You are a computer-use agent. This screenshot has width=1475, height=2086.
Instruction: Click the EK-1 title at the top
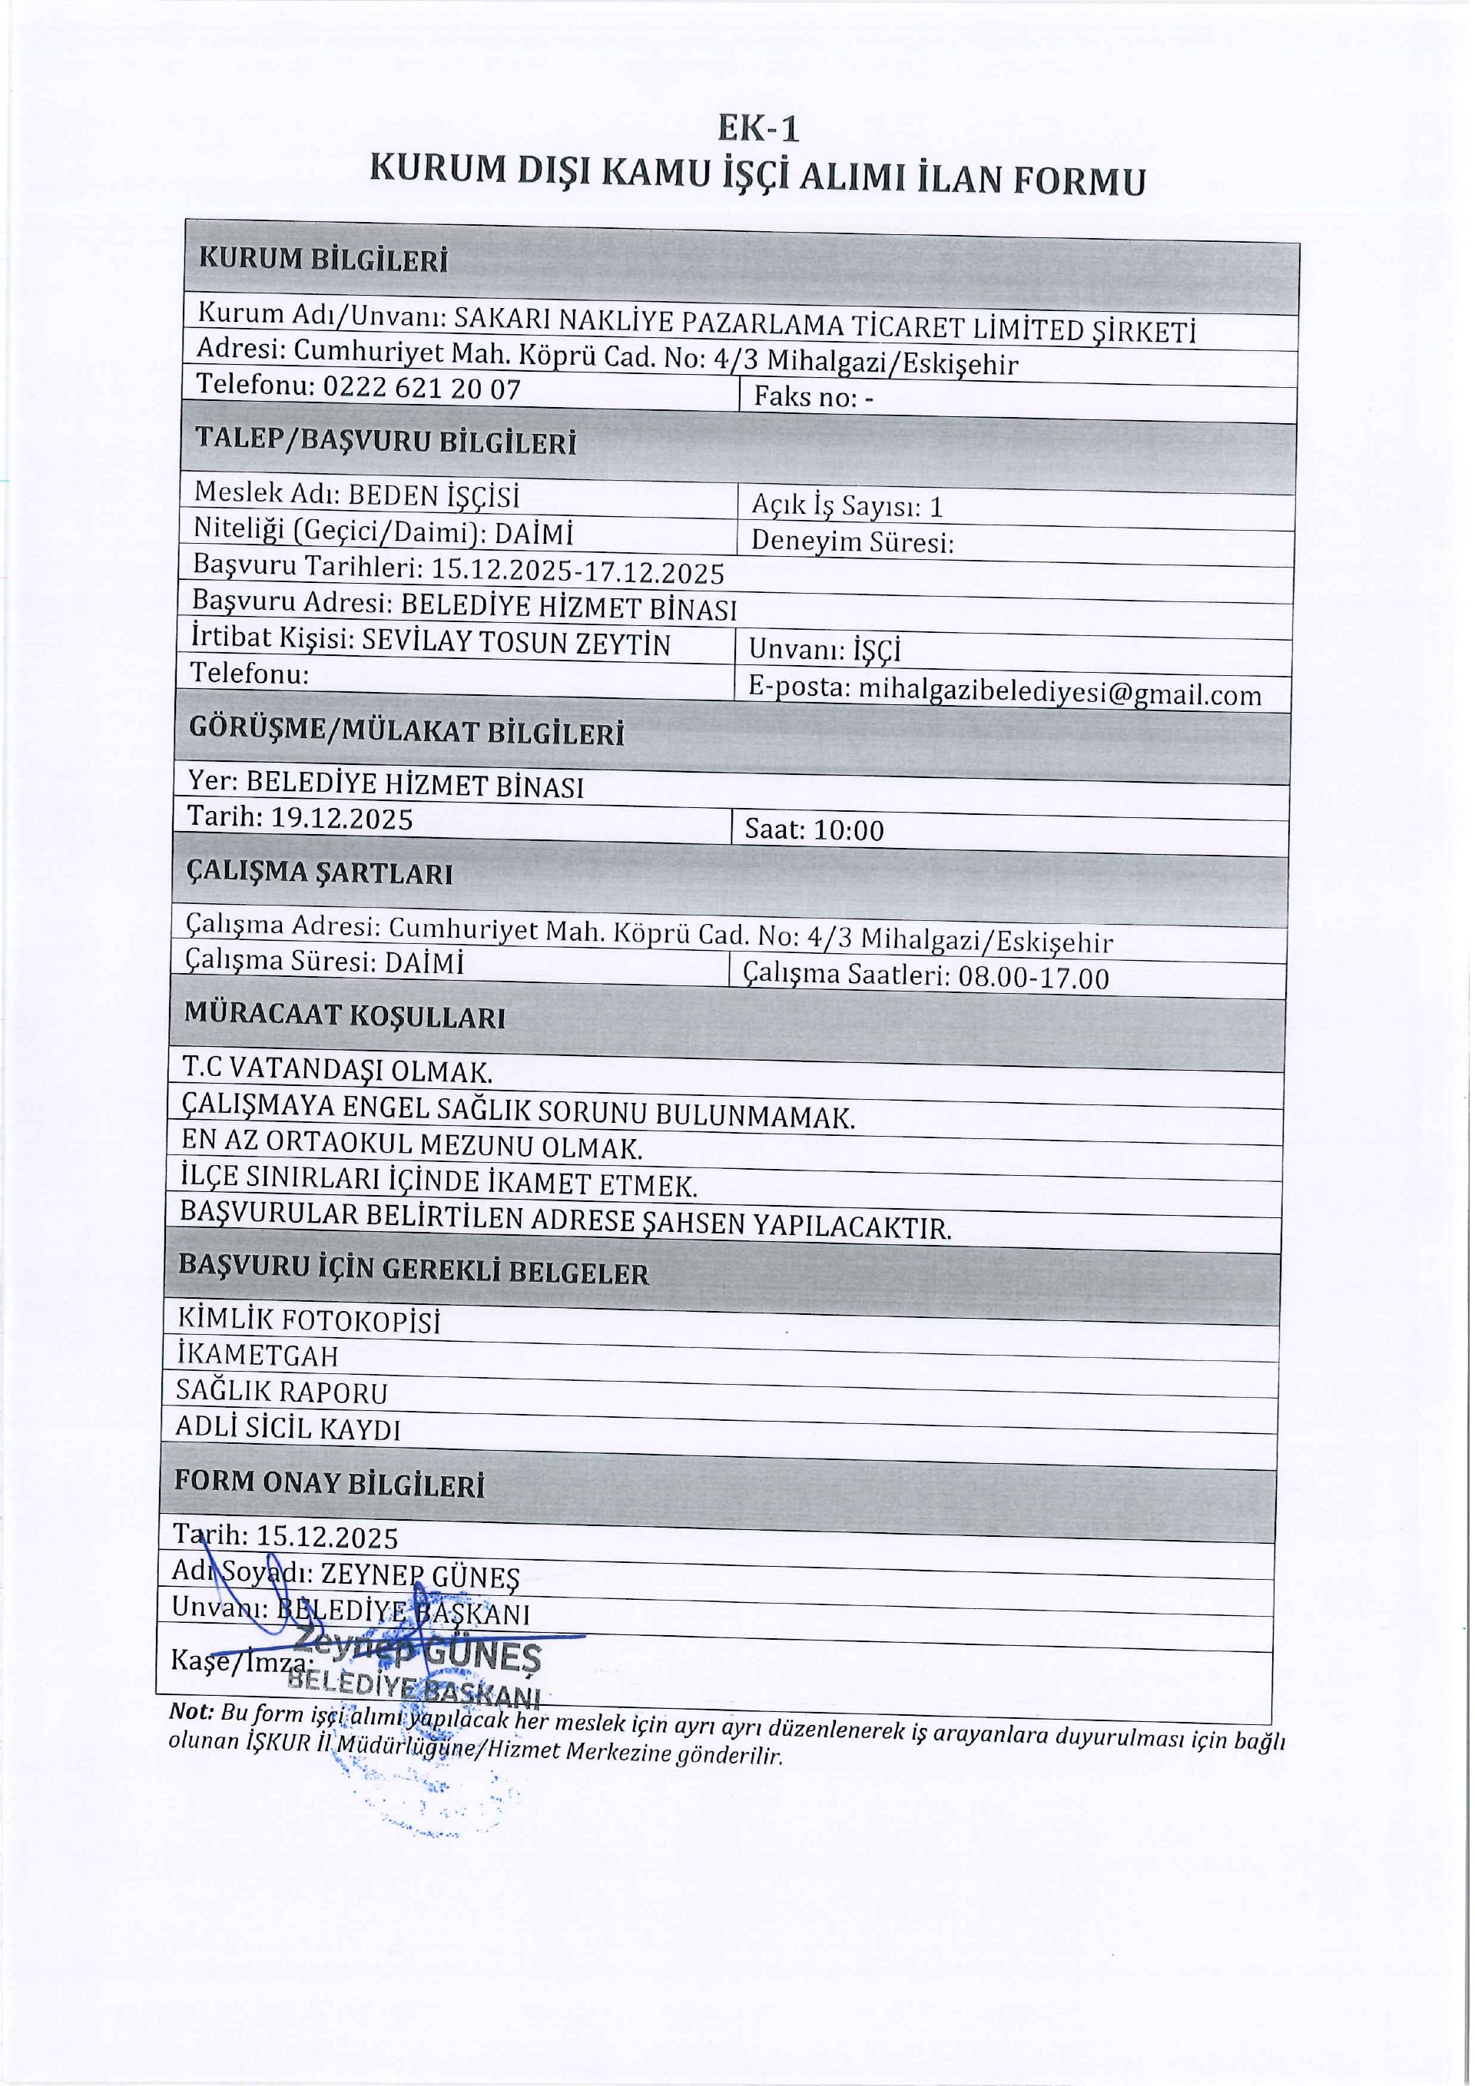click(x=758, y=128)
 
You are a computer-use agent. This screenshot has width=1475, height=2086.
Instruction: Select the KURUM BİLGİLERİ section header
click(x=323, y=259)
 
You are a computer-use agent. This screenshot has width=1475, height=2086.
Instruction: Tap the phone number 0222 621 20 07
click(x=422, y=389)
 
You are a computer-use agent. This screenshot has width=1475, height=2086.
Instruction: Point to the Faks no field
click(x=814, y=397)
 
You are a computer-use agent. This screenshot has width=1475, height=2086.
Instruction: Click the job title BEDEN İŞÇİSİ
click(x=433, y=496)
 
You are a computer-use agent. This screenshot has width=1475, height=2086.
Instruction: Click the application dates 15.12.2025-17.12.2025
click(x=577, y=571)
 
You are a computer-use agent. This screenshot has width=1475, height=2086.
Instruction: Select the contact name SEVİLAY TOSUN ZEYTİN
click(x=515, y=644)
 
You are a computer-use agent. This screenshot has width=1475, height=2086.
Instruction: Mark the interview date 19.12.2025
click(x=342, y=819)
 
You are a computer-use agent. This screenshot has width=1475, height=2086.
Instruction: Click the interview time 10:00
click(x=848, y=830)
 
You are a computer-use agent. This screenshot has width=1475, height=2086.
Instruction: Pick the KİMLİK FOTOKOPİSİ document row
click(x=309, y=1320)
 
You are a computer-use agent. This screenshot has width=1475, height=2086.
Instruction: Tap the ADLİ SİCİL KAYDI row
click(x=288, y=1429)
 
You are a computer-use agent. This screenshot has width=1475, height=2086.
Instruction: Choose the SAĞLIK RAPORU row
click(x=282, y=1392)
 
